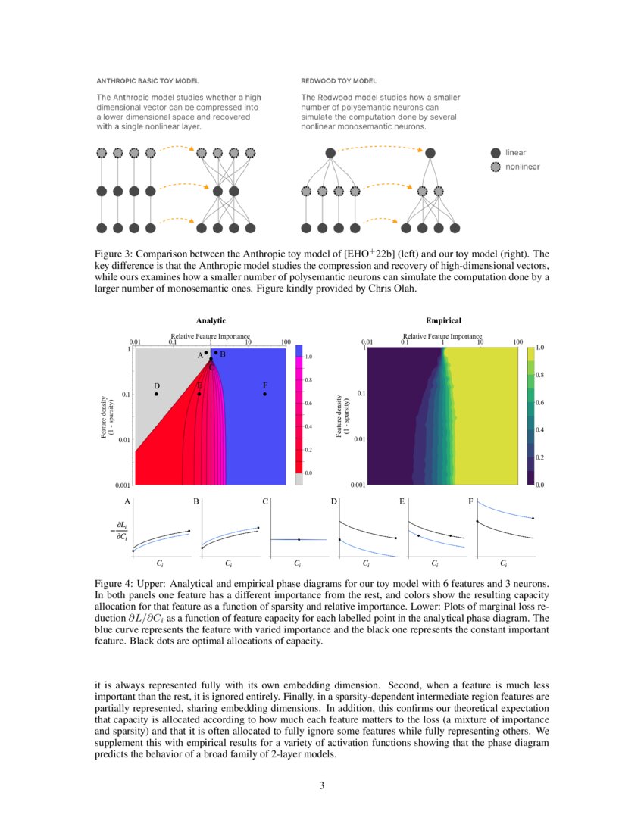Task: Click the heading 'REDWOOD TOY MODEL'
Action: (x=339, y=80)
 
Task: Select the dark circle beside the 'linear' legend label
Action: (x=496, y=153)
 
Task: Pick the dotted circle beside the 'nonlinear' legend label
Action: (x=496, y=167)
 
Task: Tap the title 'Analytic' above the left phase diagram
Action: (x=211, y=320)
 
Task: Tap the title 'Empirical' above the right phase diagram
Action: (x=443, y=320)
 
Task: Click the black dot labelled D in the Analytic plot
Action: (x=156, y=394)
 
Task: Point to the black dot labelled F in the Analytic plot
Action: (x=264, y=394)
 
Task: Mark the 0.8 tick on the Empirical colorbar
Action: (x=539, y=375)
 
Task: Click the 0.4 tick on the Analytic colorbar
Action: (x=308, y=426)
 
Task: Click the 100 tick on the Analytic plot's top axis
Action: (x=286, y=342)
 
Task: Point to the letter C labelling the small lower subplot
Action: (x=264, y=501)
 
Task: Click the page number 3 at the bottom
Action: (x=322, y=785)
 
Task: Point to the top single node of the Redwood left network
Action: (x=330, y=153)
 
